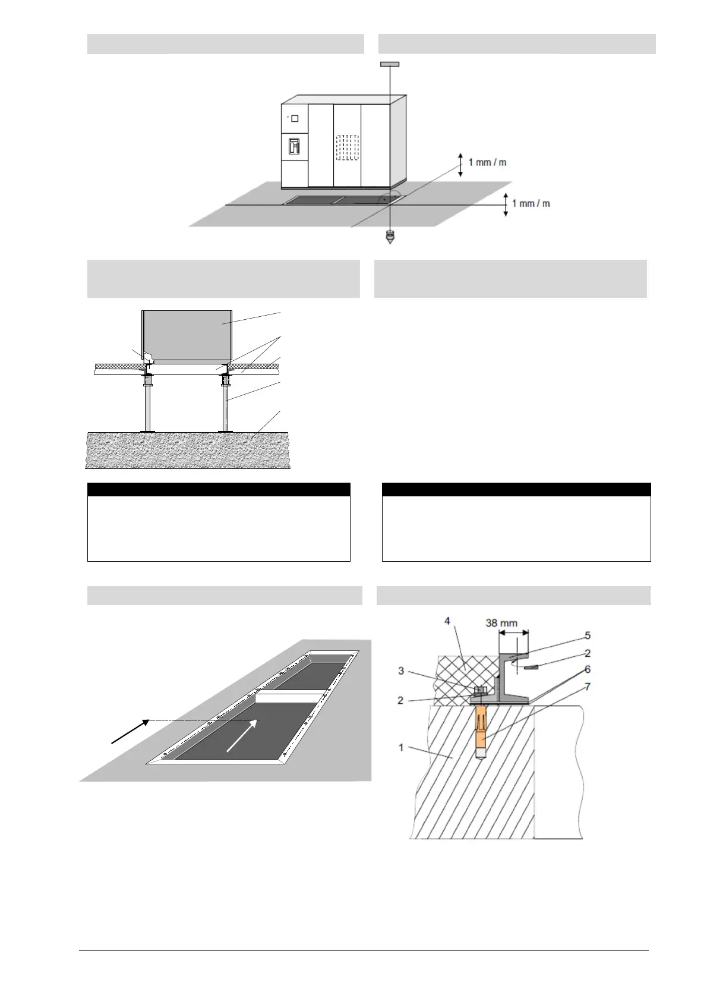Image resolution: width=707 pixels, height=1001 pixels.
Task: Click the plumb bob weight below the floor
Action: tap(390, 237)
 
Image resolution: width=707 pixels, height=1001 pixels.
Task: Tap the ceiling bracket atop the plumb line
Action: tap(389, 64)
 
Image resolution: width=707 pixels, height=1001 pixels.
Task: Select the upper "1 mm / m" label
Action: tap(487, 162)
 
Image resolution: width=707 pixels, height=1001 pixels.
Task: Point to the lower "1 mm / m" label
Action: tap(531, 203)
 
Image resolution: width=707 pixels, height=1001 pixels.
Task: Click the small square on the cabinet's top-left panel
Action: tap(295, 118)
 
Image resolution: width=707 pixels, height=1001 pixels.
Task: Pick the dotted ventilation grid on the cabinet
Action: tap(348, 148)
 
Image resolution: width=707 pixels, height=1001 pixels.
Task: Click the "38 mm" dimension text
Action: tap(501, 623)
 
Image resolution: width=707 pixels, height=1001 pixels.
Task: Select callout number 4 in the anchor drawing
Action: tap(447, 621)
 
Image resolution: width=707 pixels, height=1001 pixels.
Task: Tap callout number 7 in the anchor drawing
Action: tap(587, 687)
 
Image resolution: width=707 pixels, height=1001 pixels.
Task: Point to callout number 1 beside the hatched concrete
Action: tap(401, 747)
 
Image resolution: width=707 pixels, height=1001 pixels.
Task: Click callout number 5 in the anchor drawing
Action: tap(587, 635)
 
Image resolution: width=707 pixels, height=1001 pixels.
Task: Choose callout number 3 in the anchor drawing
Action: tap(401, 671)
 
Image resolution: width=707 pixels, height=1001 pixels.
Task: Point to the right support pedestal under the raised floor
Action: tap(226, 404)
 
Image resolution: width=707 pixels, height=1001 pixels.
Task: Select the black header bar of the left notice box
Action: tap(219, 490)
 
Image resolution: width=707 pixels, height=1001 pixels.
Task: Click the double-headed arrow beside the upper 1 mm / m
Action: tap(460, 164)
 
